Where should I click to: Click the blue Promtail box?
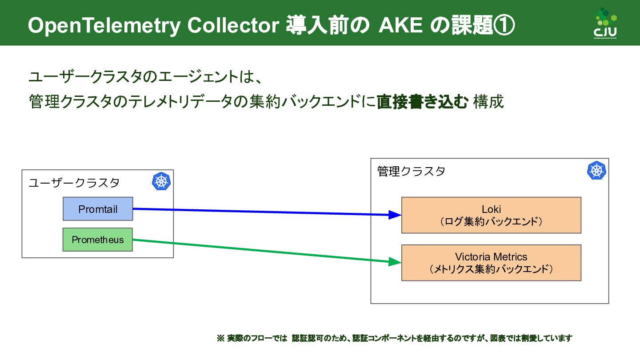[98, 209]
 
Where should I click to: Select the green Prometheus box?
[98, 240]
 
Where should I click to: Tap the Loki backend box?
[491, 215]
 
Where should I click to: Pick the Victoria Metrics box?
[491, 263]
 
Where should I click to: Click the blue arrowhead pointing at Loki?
[395, 215]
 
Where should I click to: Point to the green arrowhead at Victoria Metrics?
[395, 262]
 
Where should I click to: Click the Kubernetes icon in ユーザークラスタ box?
[161, 182]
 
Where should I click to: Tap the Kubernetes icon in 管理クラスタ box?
[596, 171]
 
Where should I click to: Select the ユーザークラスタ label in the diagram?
[74, 183]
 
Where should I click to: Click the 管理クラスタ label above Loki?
[411, 172]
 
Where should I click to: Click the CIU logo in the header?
[606, 23]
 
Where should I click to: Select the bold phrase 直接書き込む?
[422, 102]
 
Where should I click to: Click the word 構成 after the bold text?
[488, 102]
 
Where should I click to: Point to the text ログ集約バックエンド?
[491, 221]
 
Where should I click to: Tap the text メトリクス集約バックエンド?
[491, 269]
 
